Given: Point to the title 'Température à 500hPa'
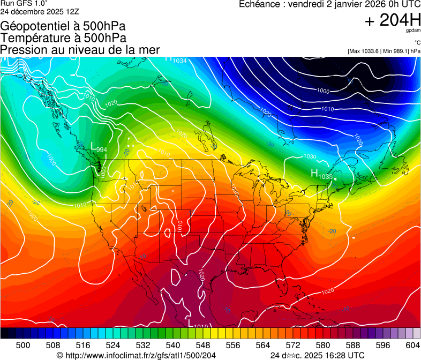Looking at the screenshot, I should click(x=63, y=37).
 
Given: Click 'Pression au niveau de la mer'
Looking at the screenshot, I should click(x=80, y=50).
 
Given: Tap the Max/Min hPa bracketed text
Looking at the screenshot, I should click(x=384, y=51).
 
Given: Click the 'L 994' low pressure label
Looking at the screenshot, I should click(x=99, y=147).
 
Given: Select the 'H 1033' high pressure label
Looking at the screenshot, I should click(x=322, y=174).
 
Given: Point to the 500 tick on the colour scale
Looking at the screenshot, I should click(x=23, y=345).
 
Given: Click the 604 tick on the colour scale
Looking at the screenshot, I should click(x=413, y=345).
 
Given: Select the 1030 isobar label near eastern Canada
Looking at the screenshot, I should click(x=310, y=156).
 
